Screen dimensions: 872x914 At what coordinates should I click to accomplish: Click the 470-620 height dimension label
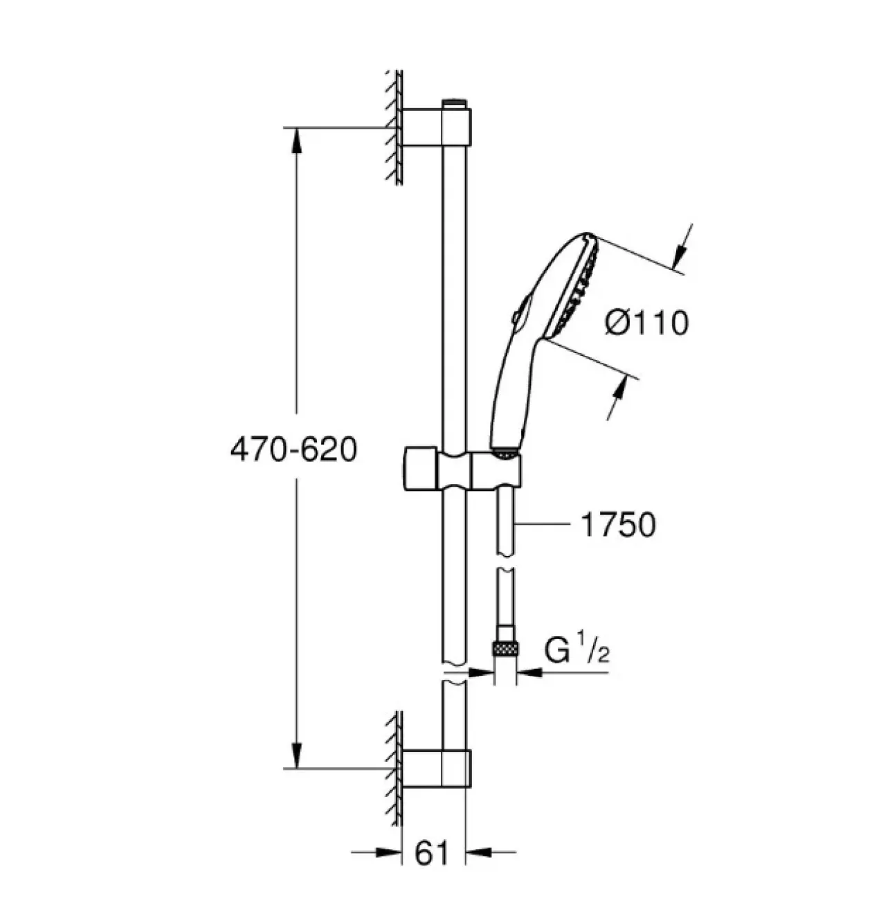293,449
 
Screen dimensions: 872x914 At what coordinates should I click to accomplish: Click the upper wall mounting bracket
437,127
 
